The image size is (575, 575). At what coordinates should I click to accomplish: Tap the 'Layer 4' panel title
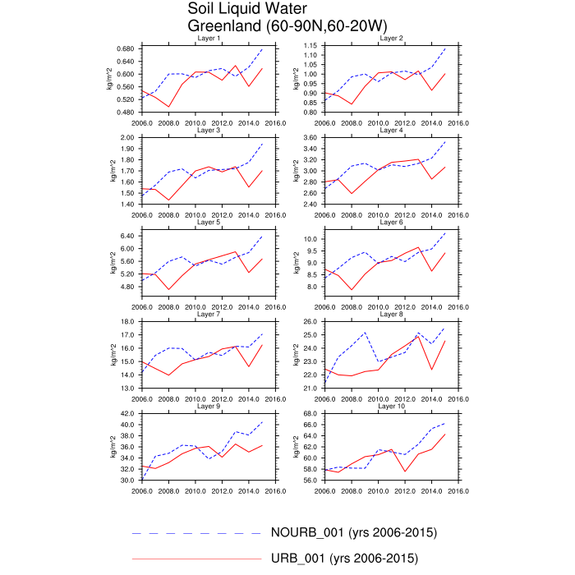(390, 130)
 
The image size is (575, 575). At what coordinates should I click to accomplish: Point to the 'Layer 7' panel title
(207, 314)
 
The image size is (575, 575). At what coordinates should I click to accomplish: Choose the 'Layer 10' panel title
(390, 406)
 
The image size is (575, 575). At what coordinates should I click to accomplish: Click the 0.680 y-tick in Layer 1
(126, 48)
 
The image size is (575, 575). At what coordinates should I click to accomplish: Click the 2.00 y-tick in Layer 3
(127, 137)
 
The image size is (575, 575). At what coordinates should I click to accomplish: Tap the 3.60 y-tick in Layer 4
(310, 137)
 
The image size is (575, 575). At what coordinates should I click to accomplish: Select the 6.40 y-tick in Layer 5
(127, 236)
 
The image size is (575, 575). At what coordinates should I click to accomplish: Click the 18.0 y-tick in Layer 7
(127, 321)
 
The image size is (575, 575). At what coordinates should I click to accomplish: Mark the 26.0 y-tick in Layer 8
(310, 321)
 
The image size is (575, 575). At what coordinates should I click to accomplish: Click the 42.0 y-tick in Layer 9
(127, 413)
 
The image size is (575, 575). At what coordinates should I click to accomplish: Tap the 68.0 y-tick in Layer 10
(310, 413)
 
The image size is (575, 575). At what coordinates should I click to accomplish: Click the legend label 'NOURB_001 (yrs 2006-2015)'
(353, 532)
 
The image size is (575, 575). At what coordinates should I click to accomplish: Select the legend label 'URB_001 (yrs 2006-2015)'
(344, 559)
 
